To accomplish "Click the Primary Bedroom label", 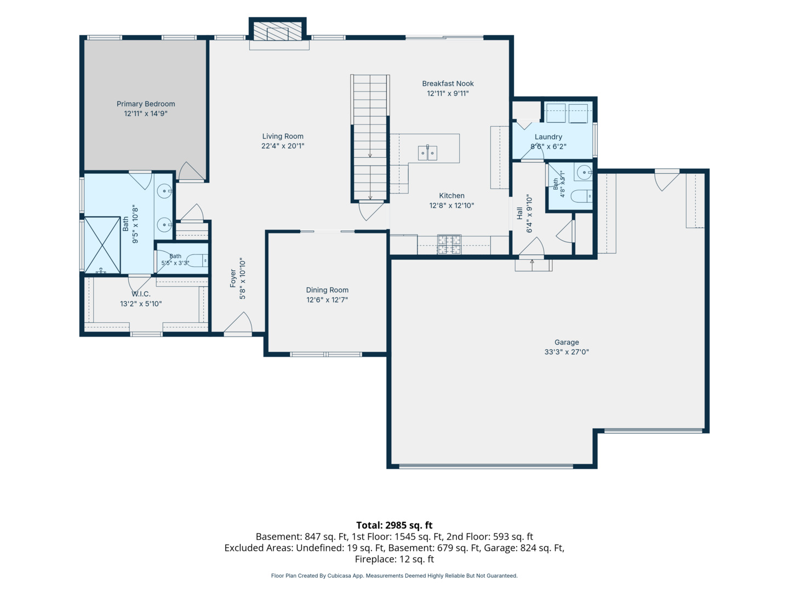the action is [x=146, y=104].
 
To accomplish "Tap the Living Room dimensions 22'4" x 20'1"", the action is [x=283, y=146].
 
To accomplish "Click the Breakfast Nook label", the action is [x=448, y=83].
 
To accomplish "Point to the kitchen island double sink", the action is [x=427, y=153].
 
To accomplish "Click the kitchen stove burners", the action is [x=449, y=244].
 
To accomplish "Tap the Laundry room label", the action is [x=548, y=136].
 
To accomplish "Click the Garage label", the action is [x=567, y=342].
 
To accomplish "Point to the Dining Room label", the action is [x=327, y=290].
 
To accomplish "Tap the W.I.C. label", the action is [x=141, y=294].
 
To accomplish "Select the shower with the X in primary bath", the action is [x=102, y=245].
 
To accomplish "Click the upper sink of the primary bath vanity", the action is [x=164, y=191].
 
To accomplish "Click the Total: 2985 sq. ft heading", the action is [x=395, y=525].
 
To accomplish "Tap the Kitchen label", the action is [x=451, y=196].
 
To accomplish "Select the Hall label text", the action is [x=519, y=213].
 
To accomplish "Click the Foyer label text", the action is [x=233, y=278].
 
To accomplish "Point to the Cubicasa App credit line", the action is [x=395, y=576].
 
